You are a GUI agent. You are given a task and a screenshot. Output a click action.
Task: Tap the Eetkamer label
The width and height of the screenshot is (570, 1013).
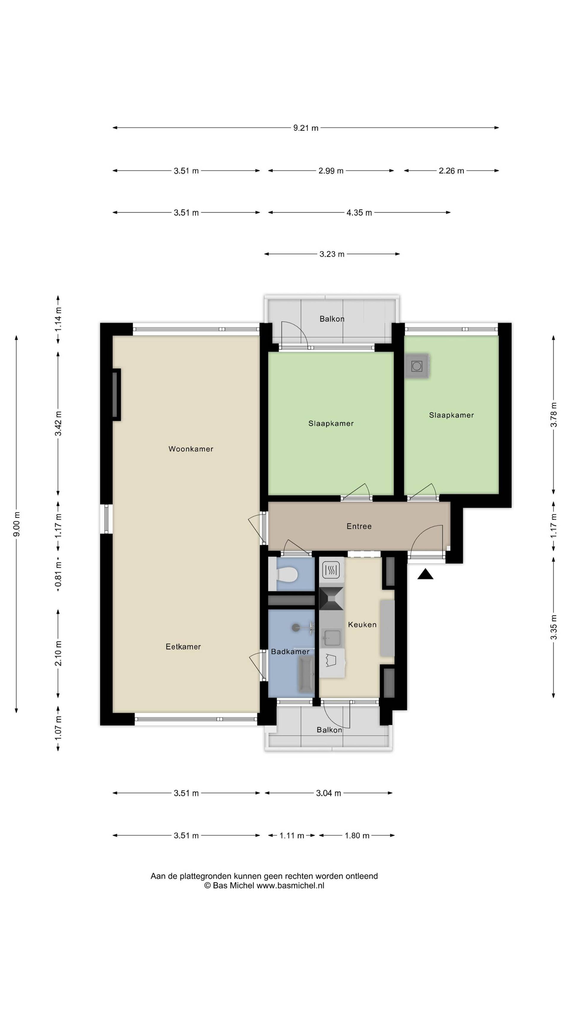pyautogui.click(x=183, y=647)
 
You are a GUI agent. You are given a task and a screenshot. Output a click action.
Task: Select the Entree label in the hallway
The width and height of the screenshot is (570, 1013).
pyautogui.click(x=359, y=526)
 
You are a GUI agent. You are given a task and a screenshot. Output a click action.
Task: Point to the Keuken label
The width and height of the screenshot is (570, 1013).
pyautogui.click(x=362, y=624)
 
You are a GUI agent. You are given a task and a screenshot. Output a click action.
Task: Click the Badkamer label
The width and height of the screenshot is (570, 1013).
pyautogui.click(x=290, y=652)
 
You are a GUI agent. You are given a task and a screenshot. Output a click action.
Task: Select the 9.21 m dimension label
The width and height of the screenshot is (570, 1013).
pyautogui.click(x=306, y=128)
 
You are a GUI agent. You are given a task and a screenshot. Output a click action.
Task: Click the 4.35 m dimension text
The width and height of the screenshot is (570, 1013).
pyautogui.click(x=359, y=213)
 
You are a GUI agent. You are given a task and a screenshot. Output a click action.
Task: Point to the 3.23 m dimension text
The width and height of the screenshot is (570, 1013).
pyautogui.click(x=332, y=254)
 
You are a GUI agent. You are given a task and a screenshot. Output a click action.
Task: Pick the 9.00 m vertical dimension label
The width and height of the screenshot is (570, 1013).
pyautogui.click(x=16, y=524)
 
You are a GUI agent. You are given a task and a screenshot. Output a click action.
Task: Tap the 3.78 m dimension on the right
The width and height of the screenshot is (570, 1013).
pyautogui.click(x=553, y=414)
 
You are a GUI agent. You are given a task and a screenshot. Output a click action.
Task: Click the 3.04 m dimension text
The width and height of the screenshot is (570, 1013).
pyautogui.click(x=328, y=793)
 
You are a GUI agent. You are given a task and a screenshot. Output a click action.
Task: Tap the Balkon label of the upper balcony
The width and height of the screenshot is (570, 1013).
pyautogui.click(x=332, y=319)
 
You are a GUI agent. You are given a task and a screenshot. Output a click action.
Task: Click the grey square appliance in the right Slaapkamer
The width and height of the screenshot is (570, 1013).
pyautogui.click(x=417, y=366)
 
